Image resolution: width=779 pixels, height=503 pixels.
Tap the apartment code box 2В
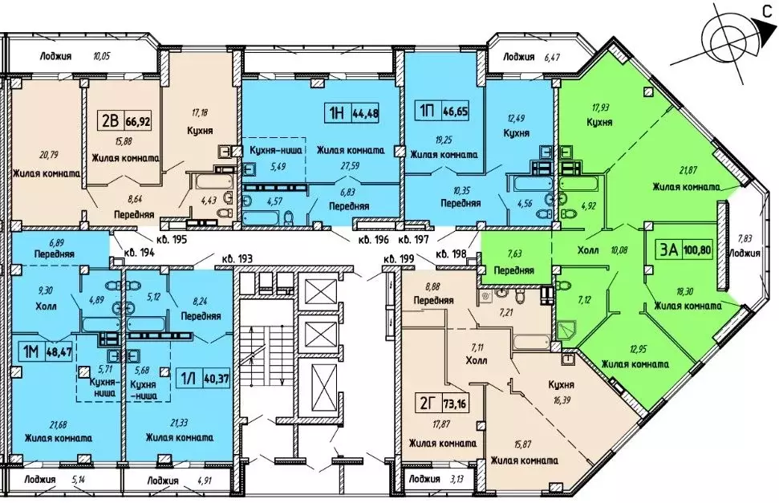point(109,121)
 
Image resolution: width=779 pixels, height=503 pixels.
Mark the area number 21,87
point(666,171)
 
